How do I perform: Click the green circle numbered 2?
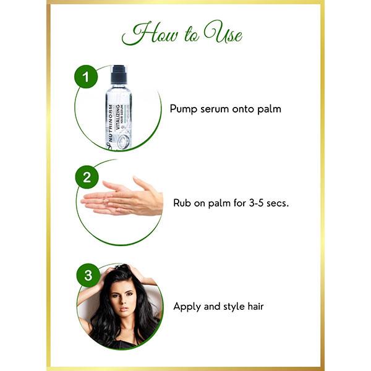point(87,178)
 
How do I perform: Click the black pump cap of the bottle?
point(119,75)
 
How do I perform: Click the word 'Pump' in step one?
point(184,109)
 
